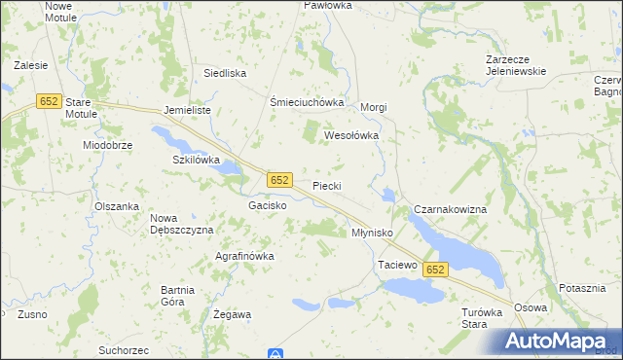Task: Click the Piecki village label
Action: click(x=326, y=185)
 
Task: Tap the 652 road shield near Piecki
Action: click(x=279, y=180)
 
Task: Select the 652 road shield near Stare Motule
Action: click(x=49, y=100)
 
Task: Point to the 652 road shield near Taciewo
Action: click(x=435, y=270)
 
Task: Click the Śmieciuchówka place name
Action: click(x=308, y=102)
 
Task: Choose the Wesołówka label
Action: click(x=350, y=136)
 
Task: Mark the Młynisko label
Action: click(x=371, y=234)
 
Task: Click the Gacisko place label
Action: click(x=267, y=206)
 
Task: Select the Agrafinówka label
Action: click(x=244, y=256)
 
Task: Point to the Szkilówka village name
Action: click(x=197, y=159)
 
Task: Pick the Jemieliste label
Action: click(x=188, y=111)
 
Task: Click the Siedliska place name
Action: click(x=224, y=73)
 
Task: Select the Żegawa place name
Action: click(x=232, y=315)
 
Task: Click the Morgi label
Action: click(x=375, y=107)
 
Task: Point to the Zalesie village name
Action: click(x=31, y=66)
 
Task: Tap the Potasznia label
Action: click(x=583, y=289)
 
